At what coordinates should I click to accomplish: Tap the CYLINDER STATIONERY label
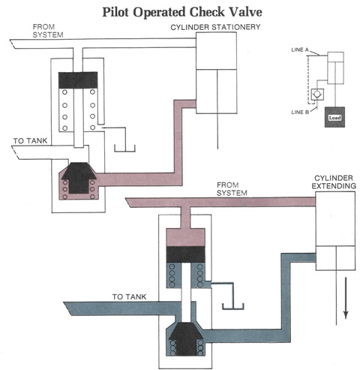coord(215,27)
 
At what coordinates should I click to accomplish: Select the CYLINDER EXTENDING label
coord(334,182)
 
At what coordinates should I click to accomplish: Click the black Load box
coord(334,117)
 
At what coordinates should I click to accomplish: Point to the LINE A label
coord(300,50)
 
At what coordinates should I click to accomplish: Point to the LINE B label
coord(300,112)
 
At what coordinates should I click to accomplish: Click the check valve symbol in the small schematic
coord(317,95)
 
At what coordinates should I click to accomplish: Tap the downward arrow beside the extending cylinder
coord(346,298)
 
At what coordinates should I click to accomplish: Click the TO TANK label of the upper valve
coord(30,141)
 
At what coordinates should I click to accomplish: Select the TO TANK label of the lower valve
coord(129,296)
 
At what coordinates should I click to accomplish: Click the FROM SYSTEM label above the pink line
coord(232,189)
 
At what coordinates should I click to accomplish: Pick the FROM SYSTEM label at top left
coord(48,31)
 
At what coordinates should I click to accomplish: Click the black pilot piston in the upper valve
coord(78,80)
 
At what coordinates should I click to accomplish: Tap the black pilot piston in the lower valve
coord(186,254)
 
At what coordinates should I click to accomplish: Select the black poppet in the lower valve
coord(186,338)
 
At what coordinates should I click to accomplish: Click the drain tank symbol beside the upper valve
coord(124,148)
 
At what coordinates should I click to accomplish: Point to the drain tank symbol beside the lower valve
coord(233,306)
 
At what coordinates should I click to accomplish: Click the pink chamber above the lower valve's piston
coord(186,237)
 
